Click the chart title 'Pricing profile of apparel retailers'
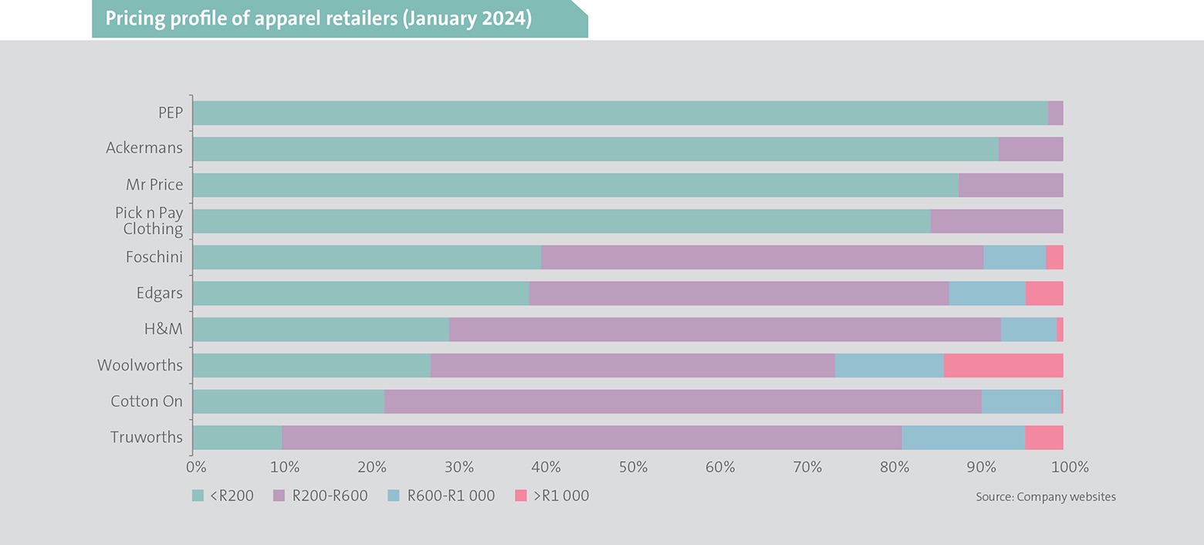[318, 19]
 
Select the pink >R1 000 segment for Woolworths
[1003, 365]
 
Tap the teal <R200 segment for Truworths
[237, 438]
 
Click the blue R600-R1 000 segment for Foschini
[1014, 257]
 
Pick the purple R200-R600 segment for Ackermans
[1030, 149]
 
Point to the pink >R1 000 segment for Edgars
[1043, 293]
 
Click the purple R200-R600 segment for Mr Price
[1010, 185]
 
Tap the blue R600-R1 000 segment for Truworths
[962, 438]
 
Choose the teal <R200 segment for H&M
[320, 330]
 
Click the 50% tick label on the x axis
[632, 467]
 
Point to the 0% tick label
[196, 467]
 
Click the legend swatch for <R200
[198, 496]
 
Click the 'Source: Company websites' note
[1045, 497]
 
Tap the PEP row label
[170, 113]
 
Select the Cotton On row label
[147, 401]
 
